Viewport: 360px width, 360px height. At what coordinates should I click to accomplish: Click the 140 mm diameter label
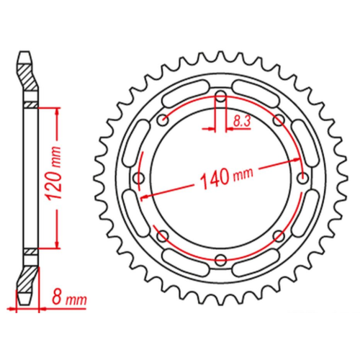click(x=226, y=178)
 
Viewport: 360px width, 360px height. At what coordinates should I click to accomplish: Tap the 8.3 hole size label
click(x=242, y=122)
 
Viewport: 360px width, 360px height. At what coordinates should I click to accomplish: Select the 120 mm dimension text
click(x=53, y=173)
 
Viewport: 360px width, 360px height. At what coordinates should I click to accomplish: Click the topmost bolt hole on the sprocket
click(x=220, y=96)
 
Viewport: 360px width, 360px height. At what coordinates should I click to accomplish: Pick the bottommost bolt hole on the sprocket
click(x=220, y=259)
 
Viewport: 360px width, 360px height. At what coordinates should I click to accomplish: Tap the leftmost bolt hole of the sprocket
click(x=139, y=178)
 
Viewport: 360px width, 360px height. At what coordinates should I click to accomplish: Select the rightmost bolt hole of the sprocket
click(x=302, y=179)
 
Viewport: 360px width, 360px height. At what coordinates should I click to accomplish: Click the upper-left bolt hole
click(x=163, y=120)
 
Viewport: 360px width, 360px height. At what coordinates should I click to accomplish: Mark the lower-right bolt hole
click(x=279, y=236)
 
